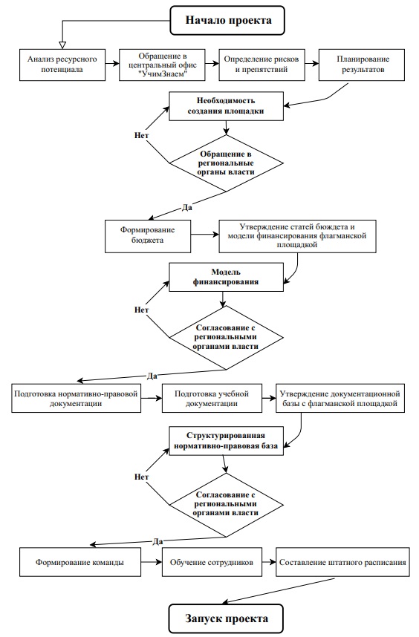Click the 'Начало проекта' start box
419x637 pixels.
click(227, 20)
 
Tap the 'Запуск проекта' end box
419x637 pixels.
click(226, 618)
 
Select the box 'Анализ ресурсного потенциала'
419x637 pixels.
click(62, 65)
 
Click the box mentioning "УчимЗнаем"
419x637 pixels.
click(162, 65)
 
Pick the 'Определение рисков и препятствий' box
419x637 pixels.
click(262, 65)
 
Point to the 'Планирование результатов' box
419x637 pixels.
click(362, 65)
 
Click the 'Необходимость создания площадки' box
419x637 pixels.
click(226, 106)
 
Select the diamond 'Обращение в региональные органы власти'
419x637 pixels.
click(226, 163)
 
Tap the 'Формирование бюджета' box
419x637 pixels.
click(148, 236)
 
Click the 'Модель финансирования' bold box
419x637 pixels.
click(226, 277)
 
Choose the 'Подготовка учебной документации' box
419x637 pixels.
click(212, 399)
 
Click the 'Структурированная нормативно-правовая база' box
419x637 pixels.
click(226, 441)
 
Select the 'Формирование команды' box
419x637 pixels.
click(80, 562)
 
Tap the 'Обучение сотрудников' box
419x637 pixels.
click(212, 562)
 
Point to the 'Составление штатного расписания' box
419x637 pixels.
click(342, 562)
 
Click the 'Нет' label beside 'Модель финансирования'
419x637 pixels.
click(141, 310)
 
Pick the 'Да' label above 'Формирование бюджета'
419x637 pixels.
click(186, 208)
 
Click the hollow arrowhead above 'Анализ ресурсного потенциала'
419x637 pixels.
click(62, 45)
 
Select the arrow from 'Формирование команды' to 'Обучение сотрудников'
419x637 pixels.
click(152, 562)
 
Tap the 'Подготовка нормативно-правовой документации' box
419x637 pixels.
click(76, 399)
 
